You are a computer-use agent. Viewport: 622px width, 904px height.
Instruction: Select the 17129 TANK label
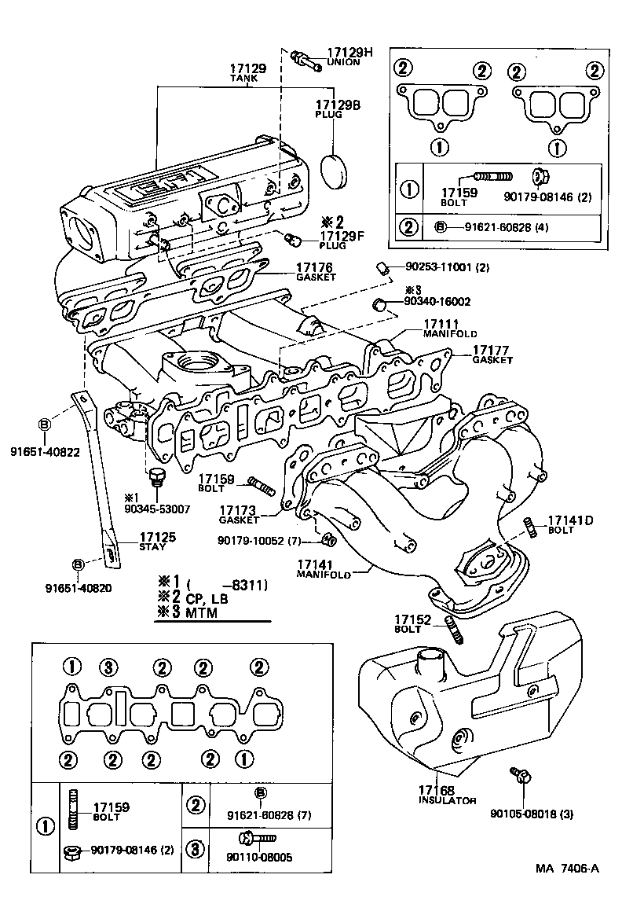[247, 73]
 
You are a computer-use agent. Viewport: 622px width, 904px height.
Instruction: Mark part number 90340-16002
[437, 301]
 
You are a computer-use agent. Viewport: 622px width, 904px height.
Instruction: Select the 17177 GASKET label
[492, 354]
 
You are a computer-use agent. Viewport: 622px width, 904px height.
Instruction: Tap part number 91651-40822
[45, 452]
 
